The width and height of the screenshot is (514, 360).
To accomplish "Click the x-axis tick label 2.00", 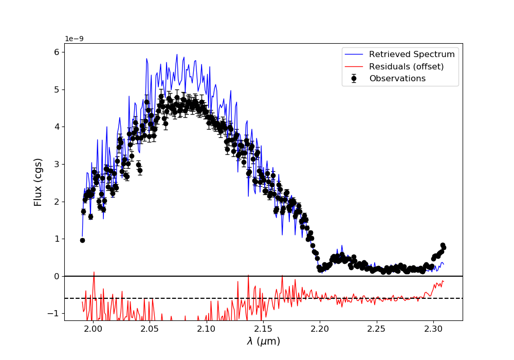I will (93, 329).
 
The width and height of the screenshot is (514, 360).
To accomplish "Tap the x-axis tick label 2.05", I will (150, 329).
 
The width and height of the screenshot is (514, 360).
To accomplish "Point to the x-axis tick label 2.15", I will (263, 329).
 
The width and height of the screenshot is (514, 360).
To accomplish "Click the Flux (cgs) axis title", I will (38, 182).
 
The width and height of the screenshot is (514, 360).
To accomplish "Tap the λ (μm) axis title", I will (263, 341).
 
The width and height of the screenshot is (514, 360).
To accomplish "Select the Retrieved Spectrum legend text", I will (412, 55).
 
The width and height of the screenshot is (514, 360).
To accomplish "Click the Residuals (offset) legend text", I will (406, 66).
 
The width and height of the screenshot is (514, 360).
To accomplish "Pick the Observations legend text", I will (397, 79).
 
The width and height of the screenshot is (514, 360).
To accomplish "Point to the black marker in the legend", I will (354, 79).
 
